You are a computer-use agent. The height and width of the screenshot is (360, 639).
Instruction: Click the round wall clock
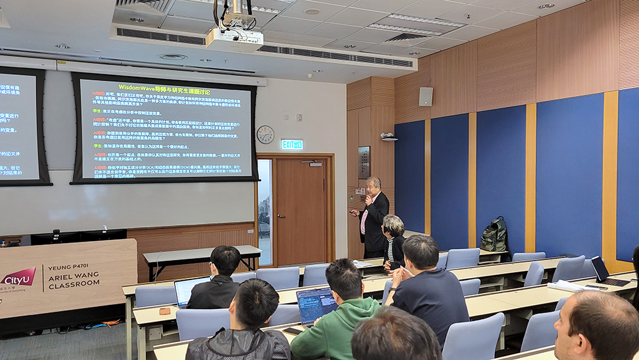click(x=265, y=134)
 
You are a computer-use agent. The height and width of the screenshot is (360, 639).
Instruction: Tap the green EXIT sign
click(x=292, y=145)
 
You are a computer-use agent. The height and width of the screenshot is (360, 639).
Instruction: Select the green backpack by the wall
click(x=495, y=235)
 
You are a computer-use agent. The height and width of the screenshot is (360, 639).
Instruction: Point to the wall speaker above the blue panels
click(x=426, y=97)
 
